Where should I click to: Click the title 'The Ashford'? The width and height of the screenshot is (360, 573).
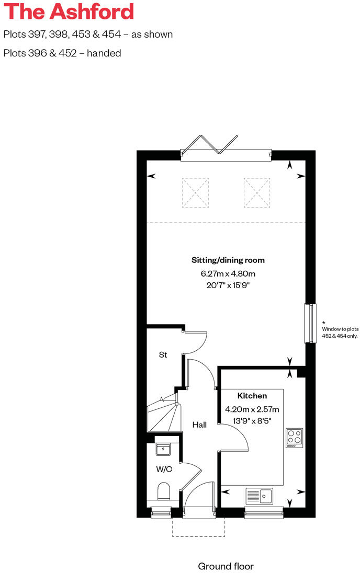coord(69,12)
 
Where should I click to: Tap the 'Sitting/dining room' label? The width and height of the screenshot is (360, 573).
coord(228,260)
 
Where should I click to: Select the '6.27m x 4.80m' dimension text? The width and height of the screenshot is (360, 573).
coord(228,273)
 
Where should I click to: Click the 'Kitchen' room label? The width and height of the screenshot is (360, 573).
coord(252,396)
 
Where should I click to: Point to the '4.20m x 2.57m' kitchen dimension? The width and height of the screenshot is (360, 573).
coord(252,409)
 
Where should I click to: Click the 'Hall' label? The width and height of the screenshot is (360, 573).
coord(199,425)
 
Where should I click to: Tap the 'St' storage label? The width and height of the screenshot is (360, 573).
coord(163,354)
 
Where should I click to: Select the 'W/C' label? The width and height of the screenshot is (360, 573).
coord(164,469)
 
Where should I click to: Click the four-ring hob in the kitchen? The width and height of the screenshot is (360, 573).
coord(294,438)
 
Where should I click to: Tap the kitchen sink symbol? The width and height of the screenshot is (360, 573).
coord(259,495)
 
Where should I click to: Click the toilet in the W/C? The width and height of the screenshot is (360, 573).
coord(164,492)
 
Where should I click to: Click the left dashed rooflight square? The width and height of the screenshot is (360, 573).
coord(195,192)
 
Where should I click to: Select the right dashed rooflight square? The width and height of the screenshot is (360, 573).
coord(257,192)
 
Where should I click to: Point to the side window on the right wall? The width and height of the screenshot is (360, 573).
coord(311,323)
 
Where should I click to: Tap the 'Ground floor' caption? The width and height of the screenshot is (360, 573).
coord(226,566)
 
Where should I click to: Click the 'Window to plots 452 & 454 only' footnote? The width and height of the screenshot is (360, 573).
coord(340,332)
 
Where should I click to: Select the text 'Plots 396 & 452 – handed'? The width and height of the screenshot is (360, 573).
coord(62,53)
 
